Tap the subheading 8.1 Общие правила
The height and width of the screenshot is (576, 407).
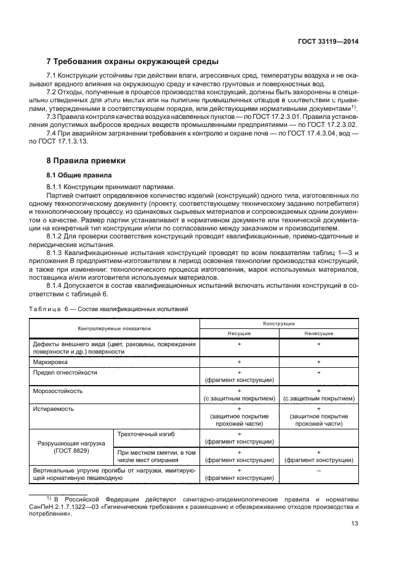76,176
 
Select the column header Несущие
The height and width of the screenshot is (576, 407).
238,333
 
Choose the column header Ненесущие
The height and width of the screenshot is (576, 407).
318,333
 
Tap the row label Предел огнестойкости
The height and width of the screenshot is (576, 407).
65,373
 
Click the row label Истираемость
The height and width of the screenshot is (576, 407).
54,408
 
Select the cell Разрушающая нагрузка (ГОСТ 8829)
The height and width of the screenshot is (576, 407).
71,447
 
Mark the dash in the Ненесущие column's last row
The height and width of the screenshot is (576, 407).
318,470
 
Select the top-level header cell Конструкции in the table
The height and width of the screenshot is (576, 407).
278,323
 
